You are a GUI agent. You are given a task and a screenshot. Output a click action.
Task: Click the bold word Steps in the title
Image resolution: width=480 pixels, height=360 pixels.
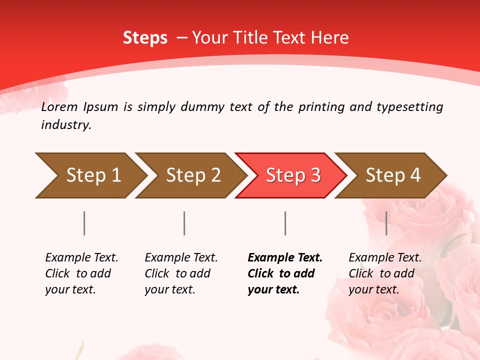pyautogui.click(x=145, y=38)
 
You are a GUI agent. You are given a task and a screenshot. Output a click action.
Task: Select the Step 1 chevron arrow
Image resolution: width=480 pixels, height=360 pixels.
pyautogui.click(x=90, y=175)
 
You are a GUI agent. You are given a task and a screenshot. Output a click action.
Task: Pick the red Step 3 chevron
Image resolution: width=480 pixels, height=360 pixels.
pyautogui.click(x=291, y=175)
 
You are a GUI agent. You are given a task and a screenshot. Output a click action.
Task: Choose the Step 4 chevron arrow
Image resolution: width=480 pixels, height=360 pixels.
pyautogui.click(x=391, y=175)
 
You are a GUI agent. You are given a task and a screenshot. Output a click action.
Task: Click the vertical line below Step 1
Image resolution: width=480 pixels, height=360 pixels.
pyautogui.click(x=84, y=223)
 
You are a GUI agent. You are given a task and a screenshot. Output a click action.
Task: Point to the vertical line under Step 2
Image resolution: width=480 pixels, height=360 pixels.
pyautogui.click(x=184, y=223)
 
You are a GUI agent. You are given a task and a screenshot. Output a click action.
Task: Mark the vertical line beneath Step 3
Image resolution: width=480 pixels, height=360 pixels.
pyautogui.click(x=285, y=223)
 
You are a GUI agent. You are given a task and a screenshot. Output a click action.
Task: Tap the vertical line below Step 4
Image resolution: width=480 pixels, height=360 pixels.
pyautogui.click(x=386, y=223)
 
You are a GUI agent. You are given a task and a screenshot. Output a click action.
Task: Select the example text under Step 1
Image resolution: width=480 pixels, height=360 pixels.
pyautogui.click(x=81, y=273)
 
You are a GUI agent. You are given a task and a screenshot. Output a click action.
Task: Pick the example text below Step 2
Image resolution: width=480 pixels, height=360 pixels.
pyautogui.click(x=180, y=273)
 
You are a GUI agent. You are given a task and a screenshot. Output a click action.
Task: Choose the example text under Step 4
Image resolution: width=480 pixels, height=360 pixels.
pyautogui.click(x=384, y=273)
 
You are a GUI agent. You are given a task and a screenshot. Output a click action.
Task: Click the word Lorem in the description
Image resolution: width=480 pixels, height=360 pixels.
pyautogui.click(x=59, y=106)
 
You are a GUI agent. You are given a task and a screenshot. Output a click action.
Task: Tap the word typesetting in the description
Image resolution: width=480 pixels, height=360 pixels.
pyautogui.click(x=409, y=107)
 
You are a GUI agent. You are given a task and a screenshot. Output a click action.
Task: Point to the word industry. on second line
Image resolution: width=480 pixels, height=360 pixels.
pyautogui.click(x=66, y=125)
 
